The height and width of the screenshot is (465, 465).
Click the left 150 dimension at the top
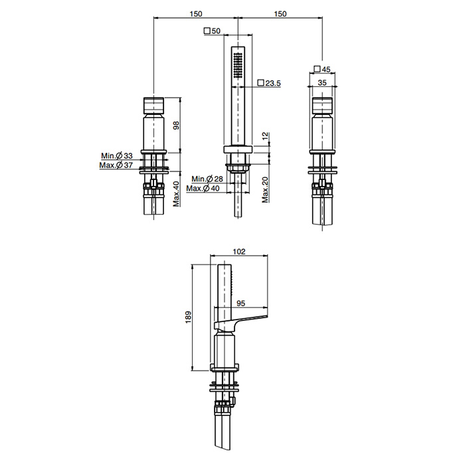(195, 14)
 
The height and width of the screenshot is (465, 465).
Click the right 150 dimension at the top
(280, 14)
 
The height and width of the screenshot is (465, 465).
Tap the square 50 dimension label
(213, 31)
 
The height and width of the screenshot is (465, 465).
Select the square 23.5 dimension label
(269, 83)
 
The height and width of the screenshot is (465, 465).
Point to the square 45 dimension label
(322, 69)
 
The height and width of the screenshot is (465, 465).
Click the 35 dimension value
(322, 83)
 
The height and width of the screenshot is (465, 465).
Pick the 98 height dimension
(177, 125)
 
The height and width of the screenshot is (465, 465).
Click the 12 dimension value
(265, 136)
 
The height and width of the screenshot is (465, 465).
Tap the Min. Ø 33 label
(117, 155)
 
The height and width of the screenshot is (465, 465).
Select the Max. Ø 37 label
(116, 165)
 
